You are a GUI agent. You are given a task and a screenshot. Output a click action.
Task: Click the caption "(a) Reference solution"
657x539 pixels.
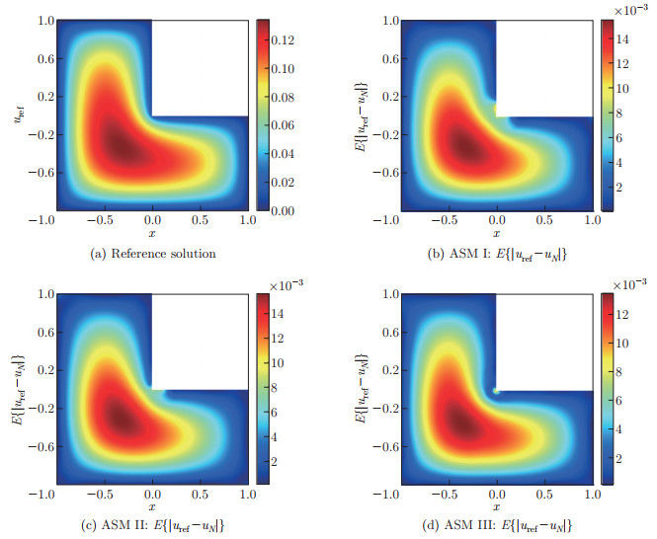point(153,254)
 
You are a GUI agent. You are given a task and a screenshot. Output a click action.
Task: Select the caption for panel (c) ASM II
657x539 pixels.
point(153,522)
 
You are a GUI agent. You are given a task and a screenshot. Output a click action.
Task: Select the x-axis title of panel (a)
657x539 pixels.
point(152,233)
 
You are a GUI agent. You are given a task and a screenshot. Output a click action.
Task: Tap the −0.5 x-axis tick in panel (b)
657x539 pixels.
point(446,221)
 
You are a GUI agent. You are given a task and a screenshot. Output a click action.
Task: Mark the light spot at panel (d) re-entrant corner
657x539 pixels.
point(497,390)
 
